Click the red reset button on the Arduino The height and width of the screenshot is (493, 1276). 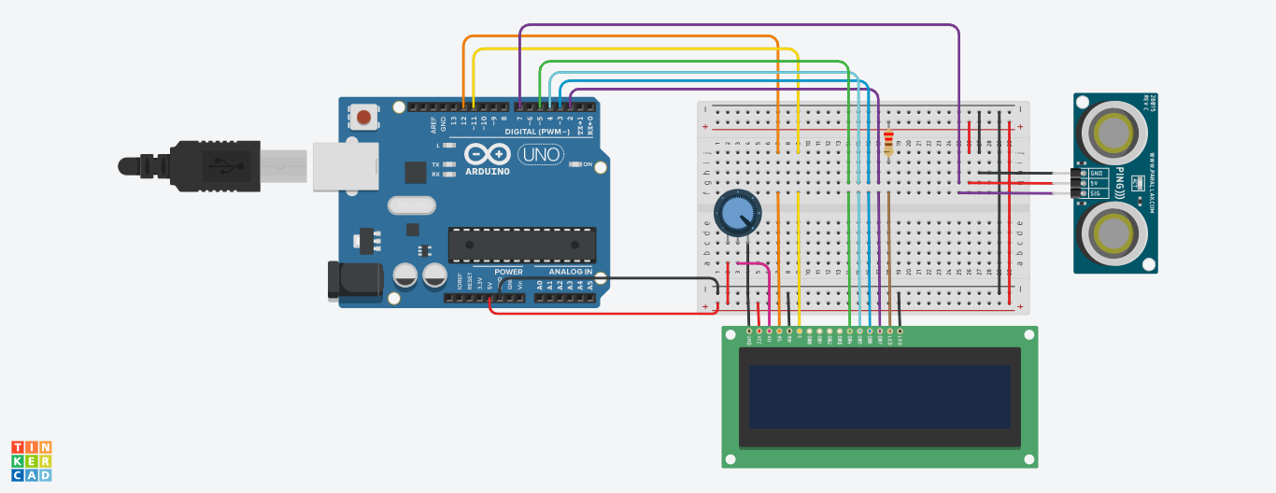pos(364,118)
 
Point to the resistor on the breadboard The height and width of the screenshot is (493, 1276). pos(887,142)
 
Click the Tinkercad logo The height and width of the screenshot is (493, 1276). pos(32,461)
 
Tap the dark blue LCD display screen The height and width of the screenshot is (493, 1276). pos(879,397)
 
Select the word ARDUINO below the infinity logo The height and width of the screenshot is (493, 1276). pos(487,172)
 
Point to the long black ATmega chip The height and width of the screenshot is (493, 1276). pos(521,245)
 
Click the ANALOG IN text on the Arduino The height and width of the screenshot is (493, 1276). pos(570,272)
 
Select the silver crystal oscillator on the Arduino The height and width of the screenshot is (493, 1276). pos(412,205)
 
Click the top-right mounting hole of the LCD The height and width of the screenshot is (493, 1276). pos(1028,334)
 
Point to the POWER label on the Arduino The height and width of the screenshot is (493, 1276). pos(508,272)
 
